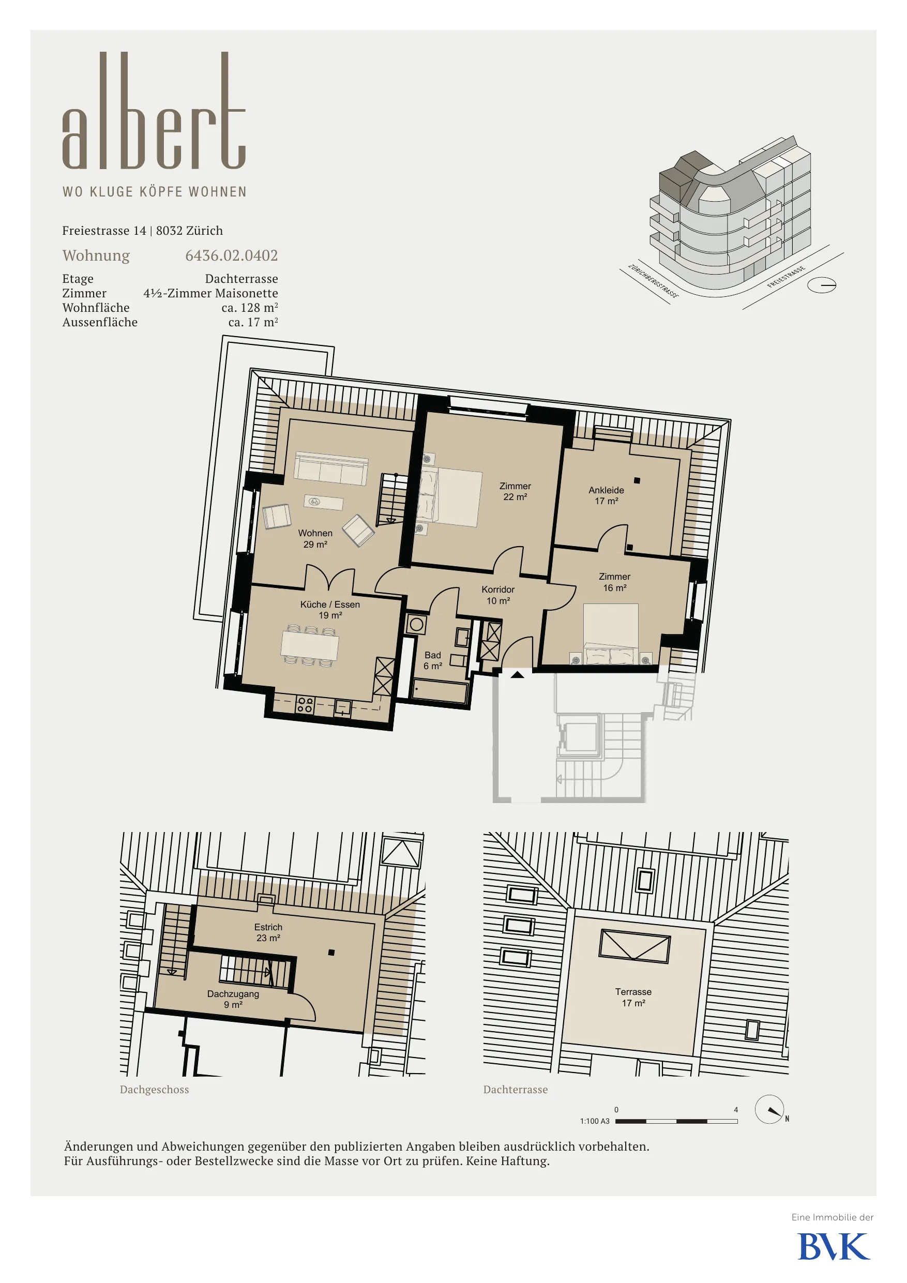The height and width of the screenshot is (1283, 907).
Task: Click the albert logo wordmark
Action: point(154,111)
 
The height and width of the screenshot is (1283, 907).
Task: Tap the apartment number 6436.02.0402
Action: point(231,255)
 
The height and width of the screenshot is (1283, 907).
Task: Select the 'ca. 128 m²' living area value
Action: point(249,307)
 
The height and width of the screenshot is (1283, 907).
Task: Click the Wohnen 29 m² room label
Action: point(315,539)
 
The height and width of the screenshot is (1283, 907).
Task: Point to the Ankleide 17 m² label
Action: point(607,495)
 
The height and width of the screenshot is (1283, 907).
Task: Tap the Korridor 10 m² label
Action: point(498,595)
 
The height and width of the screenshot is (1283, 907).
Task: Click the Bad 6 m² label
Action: point(432,660)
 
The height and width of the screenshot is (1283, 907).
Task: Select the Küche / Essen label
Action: point(330,605)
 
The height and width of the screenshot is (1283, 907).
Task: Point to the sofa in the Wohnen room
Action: point(331,469)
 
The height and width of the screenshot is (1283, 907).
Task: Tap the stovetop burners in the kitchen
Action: point(305,705)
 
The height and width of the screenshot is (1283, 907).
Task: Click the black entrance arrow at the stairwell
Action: point(518,674)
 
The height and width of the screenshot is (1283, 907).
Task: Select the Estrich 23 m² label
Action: point(268,932)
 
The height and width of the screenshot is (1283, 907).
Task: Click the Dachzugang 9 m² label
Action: point(233,999)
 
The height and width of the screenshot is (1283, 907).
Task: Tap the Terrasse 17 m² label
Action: point(633,998)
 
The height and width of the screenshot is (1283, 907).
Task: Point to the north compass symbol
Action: point(769,1110)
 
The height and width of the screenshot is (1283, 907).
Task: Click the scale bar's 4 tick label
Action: point(736,1110)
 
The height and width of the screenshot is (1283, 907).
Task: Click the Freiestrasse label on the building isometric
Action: point(787,277)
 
